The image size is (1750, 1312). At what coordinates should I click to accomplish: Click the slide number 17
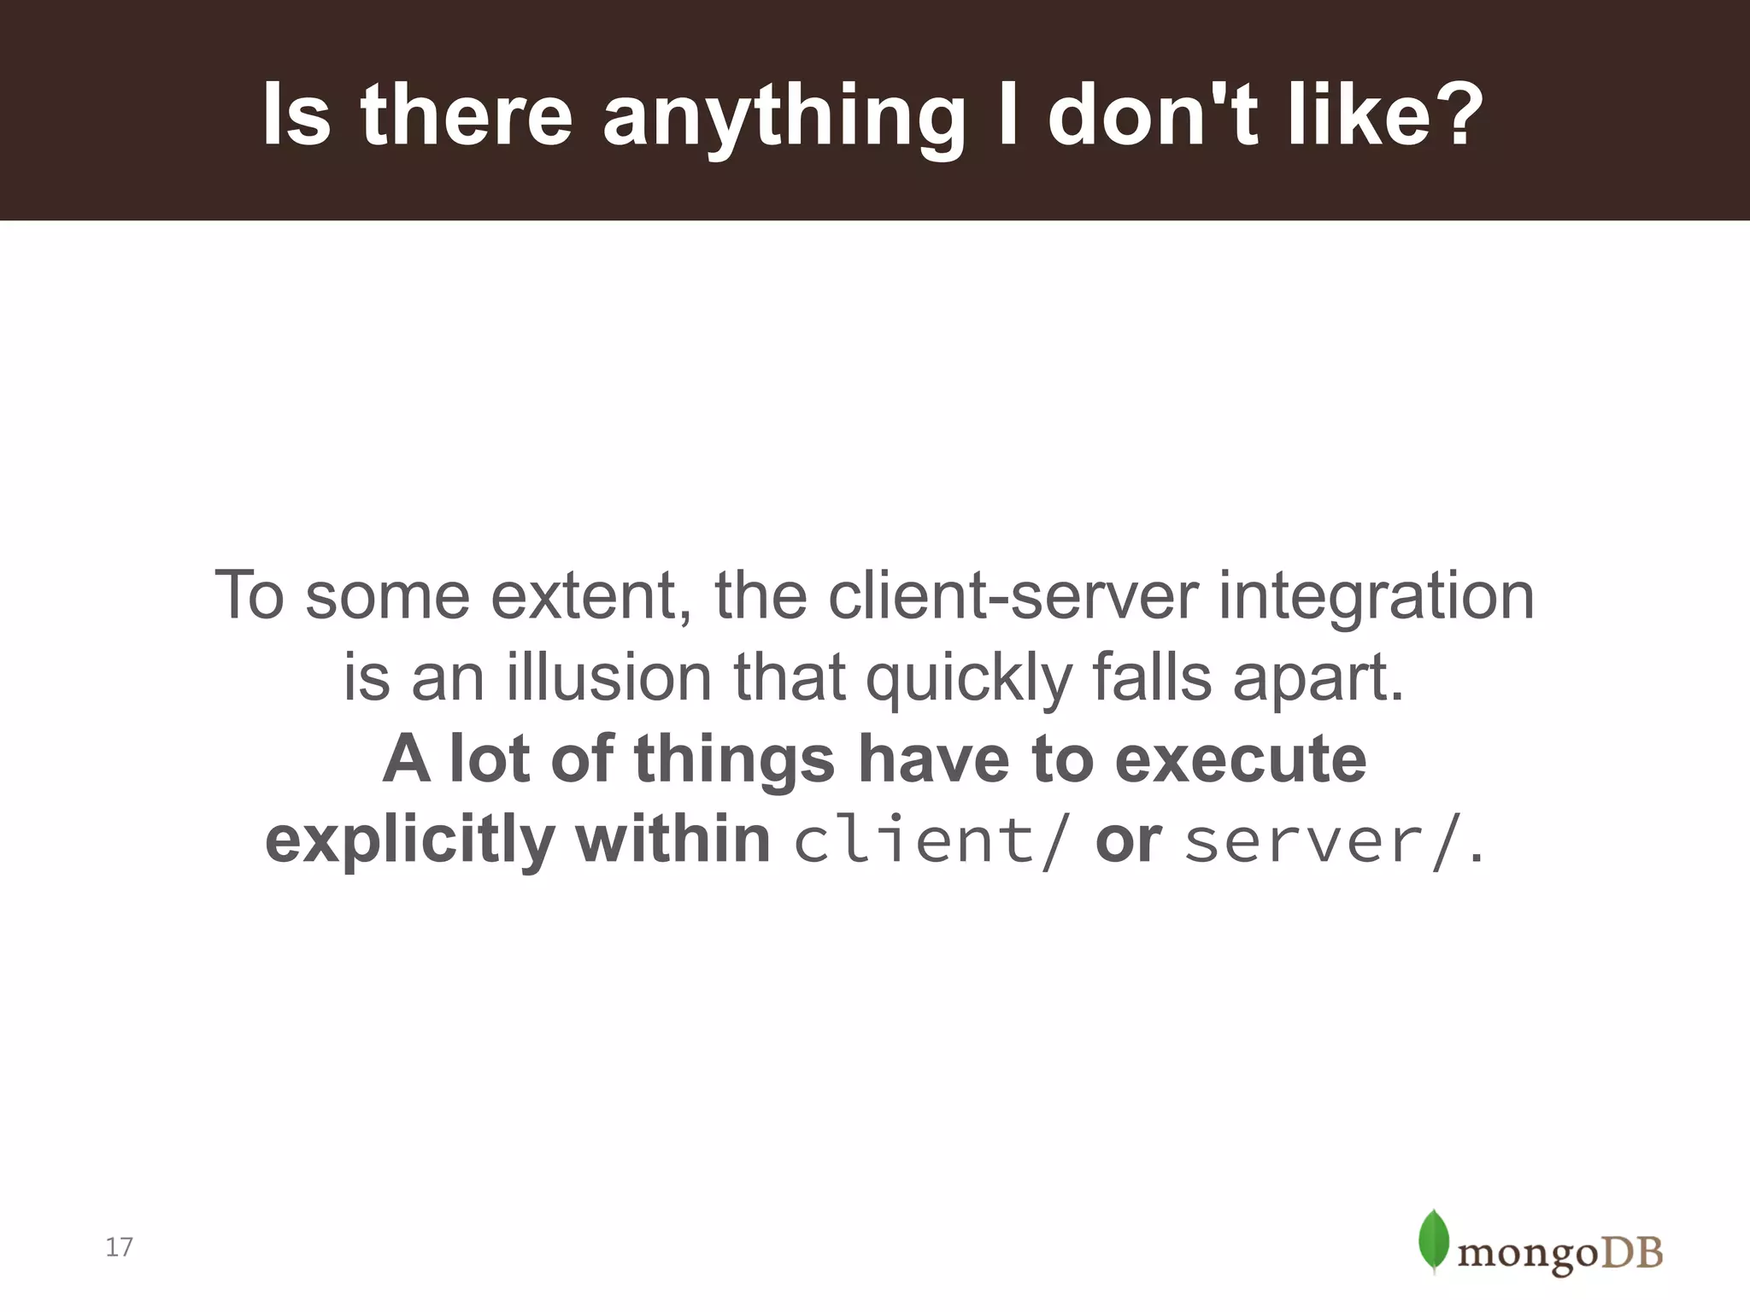[x=119, y=1247]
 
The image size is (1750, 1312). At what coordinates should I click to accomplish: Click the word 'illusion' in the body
[x=608, y=677]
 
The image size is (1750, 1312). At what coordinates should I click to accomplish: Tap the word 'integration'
[x=1376, y=595]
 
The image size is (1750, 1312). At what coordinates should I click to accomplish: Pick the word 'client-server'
[x=1013, y=595]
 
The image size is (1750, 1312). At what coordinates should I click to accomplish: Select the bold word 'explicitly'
[x=410, y=842]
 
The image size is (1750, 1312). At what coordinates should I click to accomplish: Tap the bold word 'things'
[x=734, y=760]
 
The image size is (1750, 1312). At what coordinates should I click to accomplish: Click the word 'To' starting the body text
[x=249, y=595]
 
